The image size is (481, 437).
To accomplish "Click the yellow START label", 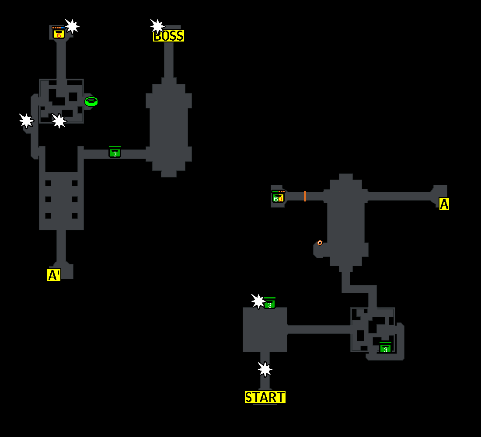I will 265,397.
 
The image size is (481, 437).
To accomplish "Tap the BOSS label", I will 169,36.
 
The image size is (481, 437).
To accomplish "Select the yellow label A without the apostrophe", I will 444,204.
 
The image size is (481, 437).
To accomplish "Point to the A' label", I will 54,275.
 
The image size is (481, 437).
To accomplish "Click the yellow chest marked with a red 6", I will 59,33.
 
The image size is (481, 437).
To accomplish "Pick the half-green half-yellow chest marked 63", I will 278,198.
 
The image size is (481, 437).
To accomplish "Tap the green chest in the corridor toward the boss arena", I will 115,153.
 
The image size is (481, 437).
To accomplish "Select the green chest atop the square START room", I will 269,304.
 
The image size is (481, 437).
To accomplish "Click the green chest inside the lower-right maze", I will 385,348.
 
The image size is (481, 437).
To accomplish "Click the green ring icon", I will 91,101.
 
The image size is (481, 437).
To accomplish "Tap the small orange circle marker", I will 320,243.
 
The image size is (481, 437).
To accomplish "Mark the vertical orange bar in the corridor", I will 305,196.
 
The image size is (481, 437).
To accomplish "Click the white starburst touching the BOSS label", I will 157,26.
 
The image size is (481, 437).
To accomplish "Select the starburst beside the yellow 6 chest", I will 72,26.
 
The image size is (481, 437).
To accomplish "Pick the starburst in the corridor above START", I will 265,369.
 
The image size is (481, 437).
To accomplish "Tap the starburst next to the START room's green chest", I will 258,301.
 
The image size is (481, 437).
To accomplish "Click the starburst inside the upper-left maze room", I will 59,121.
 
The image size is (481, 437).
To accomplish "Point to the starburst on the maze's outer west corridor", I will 26,121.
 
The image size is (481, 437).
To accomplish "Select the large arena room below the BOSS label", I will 169,127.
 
